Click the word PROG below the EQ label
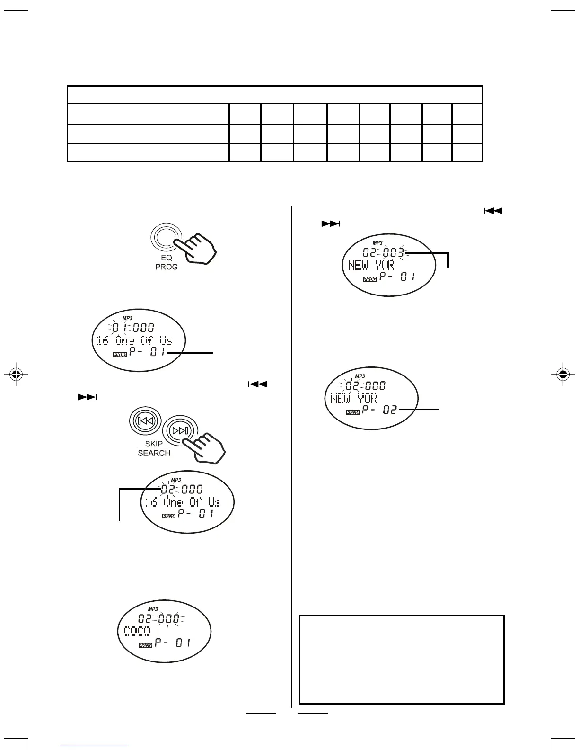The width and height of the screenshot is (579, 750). coord(166,267)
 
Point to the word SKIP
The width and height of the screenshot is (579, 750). coord(154,444)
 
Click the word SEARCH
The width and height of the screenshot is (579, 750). coord(154,453)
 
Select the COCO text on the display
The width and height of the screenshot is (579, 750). coord(137,631)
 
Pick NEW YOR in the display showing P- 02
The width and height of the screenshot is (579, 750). coord(354,398)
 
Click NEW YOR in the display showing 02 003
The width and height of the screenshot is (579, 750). coord(371,265)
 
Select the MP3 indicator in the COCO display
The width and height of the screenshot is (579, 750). coord(153,609)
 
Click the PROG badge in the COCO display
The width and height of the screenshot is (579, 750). coord(145,645)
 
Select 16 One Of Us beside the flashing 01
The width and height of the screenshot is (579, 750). coord(134,340)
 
